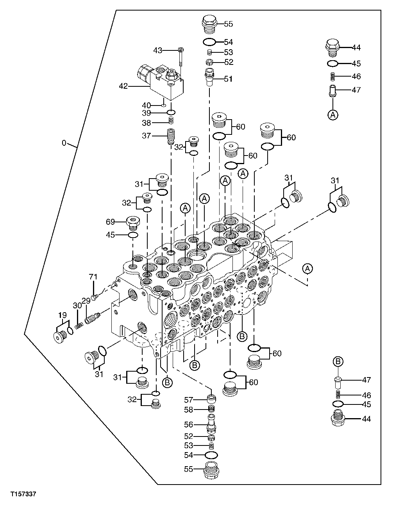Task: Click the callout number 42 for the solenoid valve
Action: pyautogui.click(x=123, y=86)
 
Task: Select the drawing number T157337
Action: pyautogui.click(x=23, y=494)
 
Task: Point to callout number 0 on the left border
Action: pyautogui.click(x=64, y=143)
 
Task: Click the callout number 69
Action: pyautogui.click(x=110, y=222)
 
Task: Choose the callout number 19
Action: pyautogui.click(x=63, y=315)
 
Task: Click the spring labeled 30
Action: pyautogui.click(x=79, y=325)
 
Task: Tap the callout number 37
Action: pyautogui.click(x=146, y=136)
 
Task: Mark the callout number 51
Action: pyautogui.click(x=228, y=79)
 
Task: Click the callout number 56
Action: pyautogui.click(x=189, y=425)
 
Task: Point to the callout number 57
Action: pyautogui.click(x=189, y=400)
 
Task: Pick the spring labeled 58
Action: pyautogui.click(x=211, y=409)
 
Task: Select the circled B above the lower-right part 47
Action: pyautogui.click(x=338, y=361)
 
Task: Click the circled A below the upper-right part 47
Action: pyautogui.click(x=333, y=114)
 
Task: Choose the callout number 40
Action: pyautogui.click(x=146, y=105)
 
